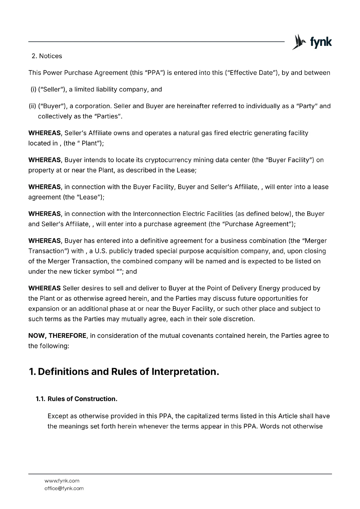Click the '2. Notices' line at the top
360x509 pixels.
(47, 56)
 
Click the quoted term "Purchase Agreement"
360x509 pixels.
(258, 224)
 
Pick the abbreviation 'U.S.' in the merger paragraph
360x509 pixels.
(100, 251)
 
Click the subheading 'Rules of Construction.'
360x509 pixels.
(82, 399)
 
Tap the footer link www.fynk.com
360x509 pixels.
(62, 481)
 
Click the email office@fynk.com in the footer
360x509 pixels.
(64, 488)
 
